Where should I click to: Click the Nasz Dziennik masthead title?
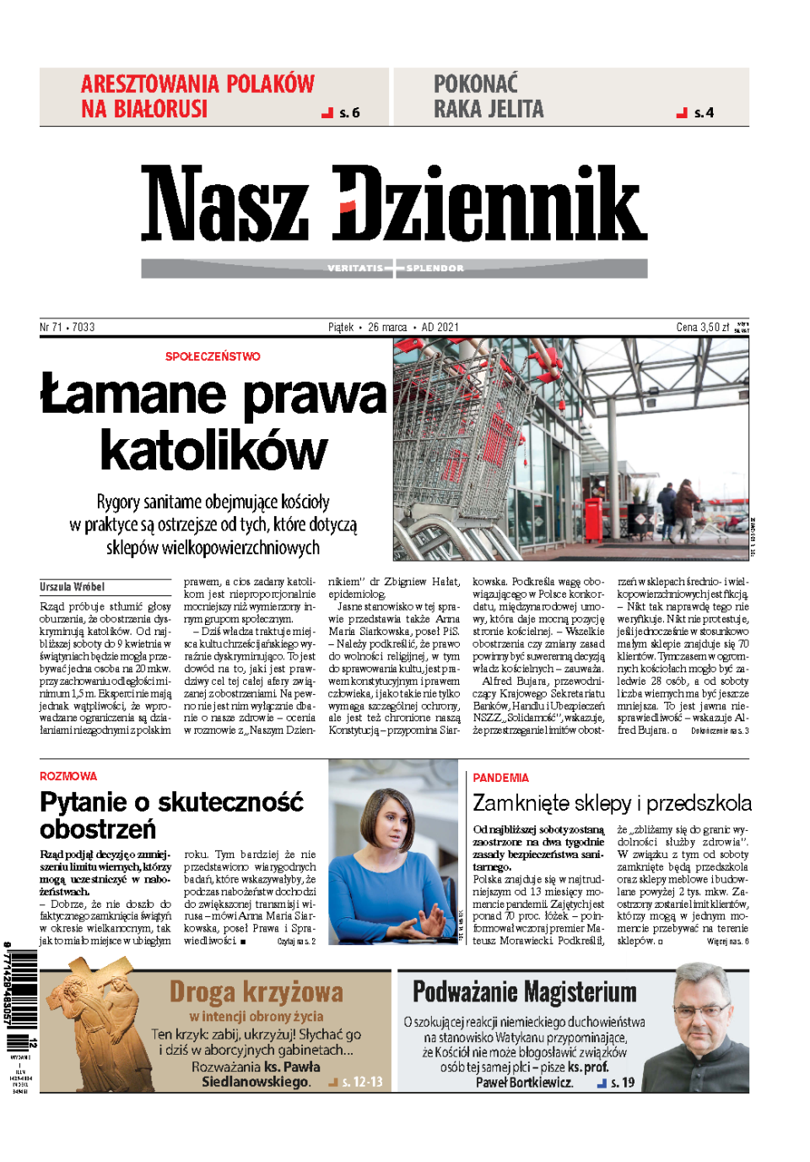click(393, 203)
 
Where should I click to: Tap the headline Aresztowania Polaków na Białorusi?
click(197, 96)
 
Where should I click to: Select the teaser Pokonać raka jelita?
click(489, 96)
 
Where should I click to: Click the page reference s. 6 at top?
click(348, 112)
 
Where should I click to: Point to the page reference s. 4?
click(703, 112)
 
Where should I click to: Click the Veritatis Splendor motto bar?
click(394, 269)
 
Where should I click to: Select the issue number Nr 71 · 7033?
click(67, 327)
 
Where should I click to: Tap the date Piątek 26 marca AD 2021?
click(393, 327)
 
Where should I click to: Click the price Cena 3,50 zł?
click(702, 327)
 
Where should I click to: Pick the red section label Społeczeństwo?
click(213, 356)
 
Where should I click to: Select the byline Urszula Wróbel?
click(73, 586)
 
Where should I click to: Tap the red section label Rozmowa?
click(68, 776)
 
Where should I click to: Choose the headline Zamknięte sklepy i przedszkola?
click(612, 803)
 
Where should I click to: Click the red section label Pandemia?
click(500, 778)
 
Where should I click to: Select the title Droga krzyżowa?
click(256, 991)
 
